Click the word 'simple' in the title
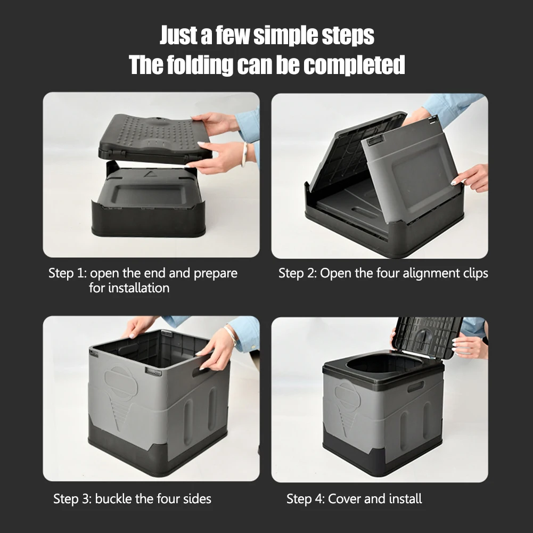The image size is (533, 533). [x=285, y=36]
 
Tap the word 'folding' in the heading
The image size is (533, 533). [x=199, y=65]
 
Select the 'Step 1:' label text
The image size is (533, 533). [x=67, y=274]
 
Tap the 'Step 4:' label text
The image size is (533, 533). [x=305, y=499]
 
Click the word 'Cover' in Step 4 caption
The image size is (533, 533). [x=345, y=499]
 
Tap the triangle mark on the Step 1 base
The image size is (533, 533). [x=147, y=174]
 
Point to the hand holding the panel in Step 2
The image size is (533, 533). [x=472, y=177]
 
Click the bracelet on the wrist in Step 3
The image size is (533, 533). [x=231, y=335]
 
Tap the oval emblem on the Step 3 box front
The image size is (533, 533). [x=121, y=382]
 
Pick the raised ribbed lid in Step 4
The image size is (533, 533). [x=429, y=337]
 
